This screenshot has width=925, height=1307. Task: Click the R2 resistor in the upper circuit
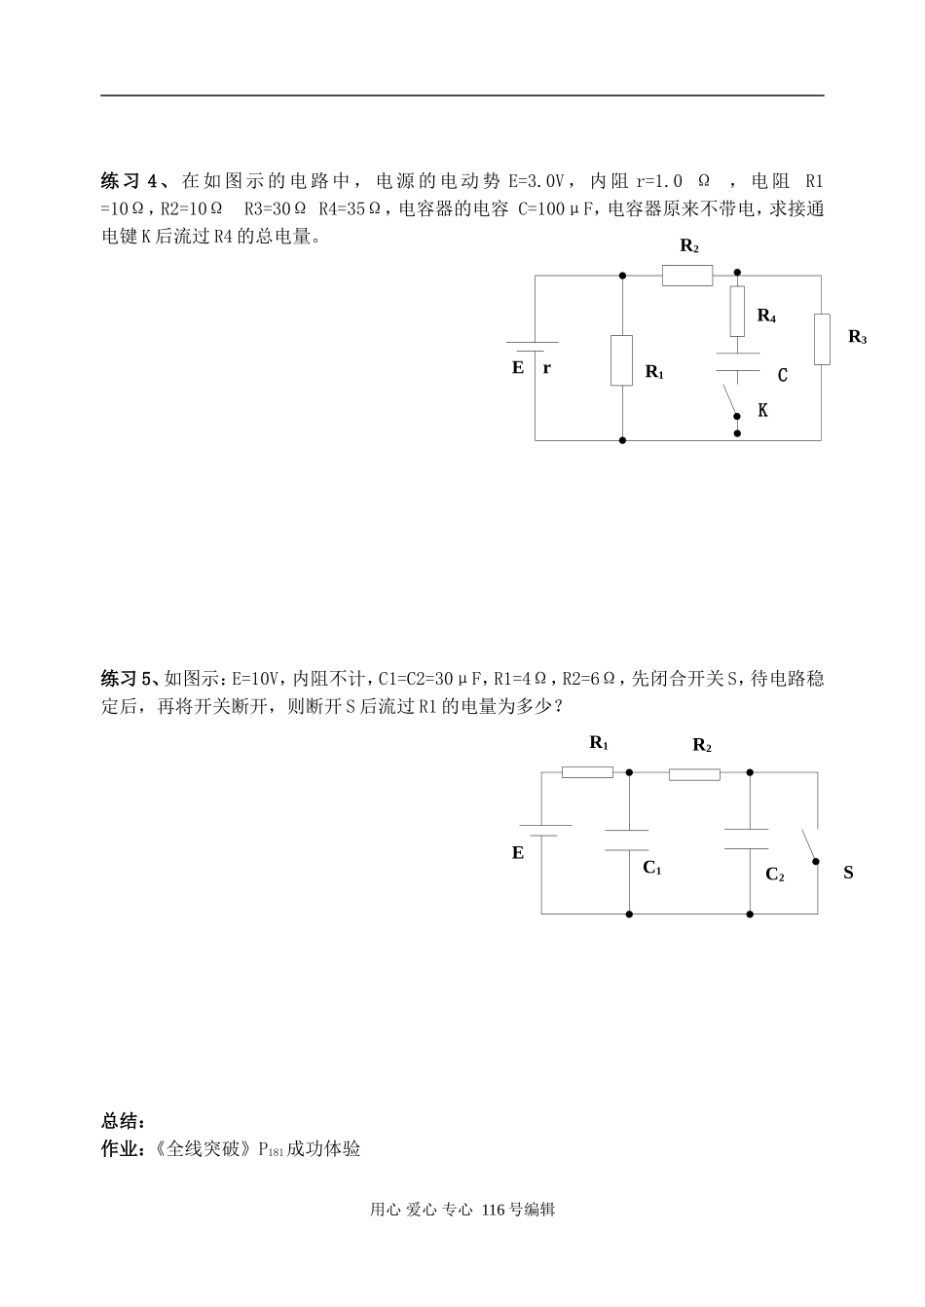tap(687, 276)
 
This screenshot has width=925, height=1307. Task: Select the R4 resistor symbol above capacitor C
tap(737, 311)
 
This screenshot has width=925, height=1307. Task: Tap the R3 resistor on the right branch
tap(822, 339)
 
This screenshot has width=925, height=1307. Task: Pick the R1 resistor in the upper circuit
tap(621, 360)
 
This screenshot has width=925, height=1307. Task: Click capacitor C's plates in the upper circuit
tap(737, 361)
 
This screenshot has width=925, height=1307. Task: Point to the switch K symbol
tap(731, 401)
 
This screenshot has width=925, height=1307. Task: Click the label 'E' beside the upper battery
tap(518, 368)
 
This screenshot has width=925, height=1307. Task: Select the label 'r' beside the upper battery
tap(546, 368)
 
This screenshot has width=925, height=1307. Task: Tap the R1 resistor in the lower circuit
tap(588, 772)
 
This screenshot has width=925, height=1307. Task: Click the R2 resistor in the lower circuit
tap(694, 774)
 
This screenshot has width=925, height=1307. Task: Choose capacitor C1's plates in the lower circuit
tap(627, 840)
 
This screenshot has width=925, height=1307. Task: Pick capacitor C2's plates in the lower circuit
tap(749, 840)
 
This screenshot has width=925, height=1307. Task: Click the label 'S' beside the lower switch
tap(848, 873)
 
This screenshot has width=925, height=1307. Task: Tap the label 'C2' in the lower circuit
tap(775, 874)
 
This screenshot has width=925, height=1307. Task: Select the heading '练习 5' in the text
tap(128, 678)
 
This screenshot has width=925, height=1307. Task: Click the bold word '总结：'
tap(125, 1121)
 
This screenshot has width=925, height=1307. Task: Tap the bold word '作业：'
tap(125, 1149)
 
